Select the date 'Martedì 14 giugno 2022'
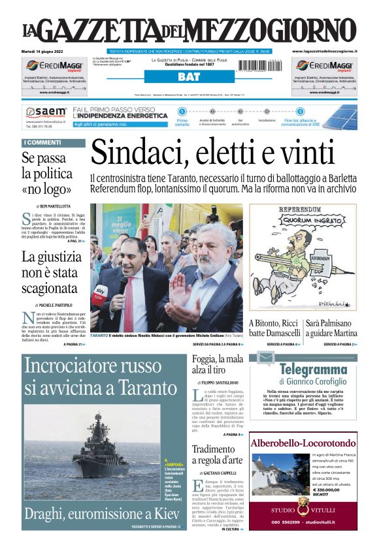point(44,51)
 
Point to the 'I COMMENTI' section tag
point(42,143)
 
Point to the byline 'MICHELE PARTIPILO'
point(53,305)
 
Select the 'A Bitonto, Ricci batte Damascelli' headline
point(275,328)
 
